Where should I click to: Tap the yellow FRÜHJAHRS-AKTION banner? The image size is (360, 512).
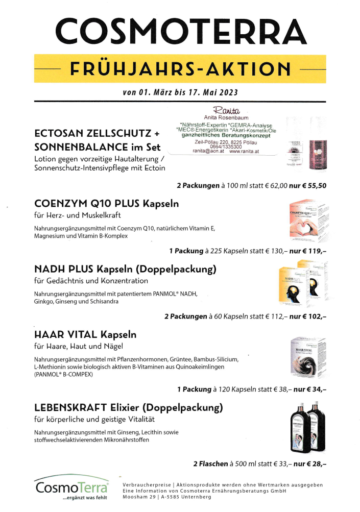(x=181, y=68)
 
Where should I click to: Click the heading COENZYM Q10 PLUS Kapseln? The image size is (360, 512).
(x=106, y=204)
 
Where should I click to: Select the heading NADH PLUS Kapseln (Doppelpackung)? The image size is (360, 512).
(x=125, y=269)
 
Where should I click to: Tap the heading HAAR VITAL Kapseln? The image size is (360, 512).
(x=85, y=335)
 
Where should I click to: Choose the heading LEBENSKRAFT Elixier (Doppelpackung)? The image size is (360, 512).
(x=129, y=408)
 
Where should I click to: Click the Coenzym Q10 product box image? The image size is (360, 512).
(x=306, y=220)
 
